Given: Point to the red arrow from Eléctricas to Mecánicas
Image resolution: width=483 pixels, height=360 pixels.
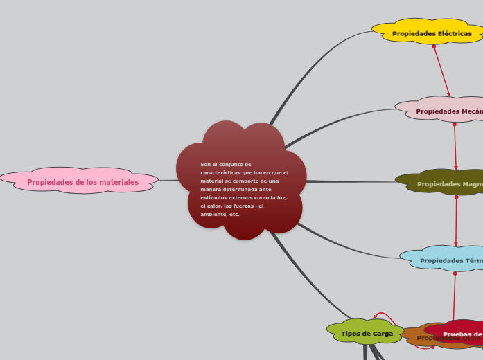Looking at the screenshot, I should coord(442,72).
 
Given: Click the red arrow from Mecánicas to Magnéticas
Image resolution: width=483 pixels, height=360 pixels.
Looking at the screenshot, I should coord(455,147).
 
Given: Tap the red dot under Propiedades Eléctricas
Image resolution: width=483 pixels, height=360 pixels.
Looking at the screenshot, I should coord(434,46).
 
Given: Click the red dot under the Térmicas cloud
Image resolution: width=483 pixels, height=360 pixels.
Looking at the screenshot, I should coord(455,273).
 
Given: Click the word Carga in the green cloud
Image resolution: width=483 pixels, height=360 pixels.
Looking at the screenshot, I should coord(383,334).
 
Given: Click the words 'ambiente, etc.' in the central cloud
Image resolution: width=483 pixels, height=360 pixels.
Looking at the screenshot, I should coord(220,215).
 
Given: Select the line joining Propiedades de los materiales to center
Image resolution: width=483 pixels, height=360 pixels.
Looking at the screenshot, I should coord(169,180).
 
